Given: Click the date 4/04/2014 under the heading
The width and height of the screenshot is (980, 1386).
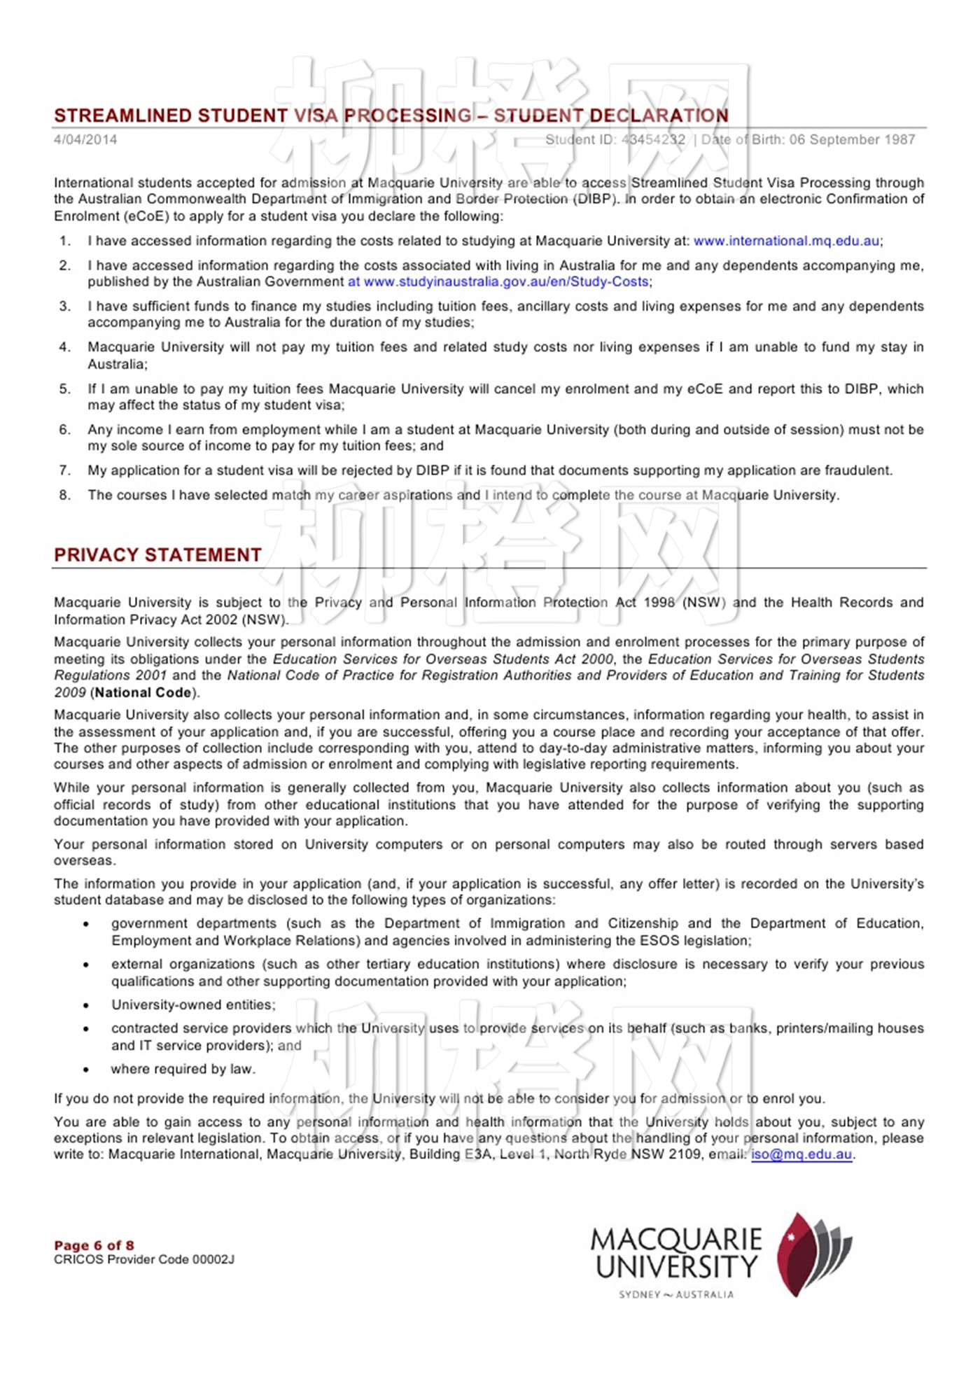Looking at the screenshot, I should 85,139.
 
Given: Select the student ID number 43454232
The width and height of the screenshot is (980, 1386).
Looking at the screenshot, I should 653,139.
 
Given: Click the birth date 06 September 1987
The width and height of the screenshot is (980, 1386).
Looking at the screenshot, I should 852,139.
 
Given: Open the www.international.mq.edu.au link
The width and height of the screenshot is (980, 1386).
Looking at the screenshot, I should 786,241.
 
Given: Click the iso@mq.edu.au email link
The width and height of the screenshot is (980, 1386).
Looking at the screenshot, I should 801,1154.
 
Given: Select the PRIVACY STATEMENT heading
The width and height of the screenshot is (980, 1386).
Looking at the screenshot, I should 157,555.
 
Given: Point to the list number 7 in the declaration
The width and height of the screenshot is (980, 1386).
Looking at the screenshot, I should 64,470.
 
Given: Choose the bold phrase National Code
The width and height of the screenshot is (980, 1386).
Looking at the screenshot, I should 143,692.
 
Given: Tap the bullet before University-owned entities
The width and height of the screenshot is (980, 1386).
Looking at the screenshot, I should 86,1006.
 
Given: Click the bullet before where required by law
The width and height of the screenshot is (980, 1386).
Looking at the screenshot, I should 86,1070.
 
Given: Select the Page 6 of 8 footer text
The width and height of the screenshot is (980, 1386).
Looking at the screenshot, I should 94,1245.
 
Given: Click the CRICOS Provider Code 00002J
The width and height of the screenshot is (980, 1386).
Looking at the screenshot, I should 143,1259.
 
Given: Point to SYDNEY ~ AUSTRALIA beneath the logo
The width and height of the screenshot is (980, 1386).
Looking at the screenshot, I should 676,1295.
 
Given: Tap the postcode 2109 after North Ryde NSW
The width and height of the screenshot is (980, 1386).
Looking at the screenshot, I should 685,1154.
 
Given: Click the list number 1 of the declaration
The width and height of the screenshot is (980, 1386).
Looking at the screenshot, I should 64,241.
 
